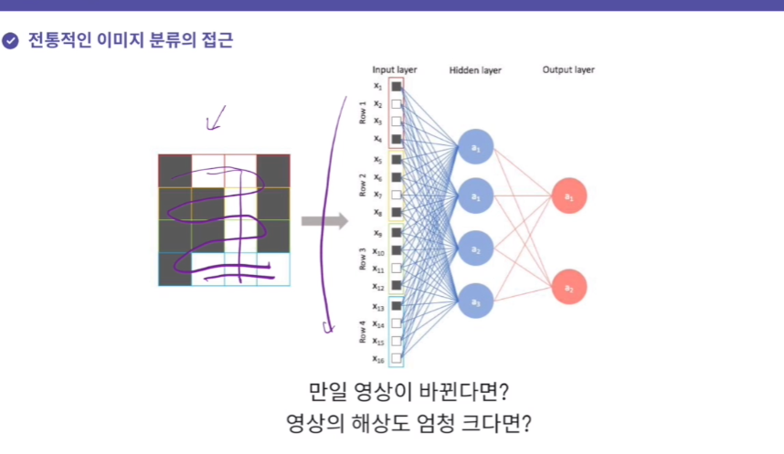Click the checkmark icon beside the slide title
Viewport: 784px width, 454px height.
click(x=10, y=41)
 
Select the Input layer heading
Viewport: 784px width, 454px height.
click(x=395, y=69)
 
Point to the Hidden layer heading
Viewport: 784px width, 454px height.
click(x=475, y=70)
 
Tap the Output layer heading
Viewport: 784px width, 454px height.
click(x=568, y=69)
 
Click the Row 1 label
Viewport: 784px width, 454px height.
click(x=363, y=113)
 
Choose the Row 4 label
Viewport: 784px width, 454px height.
click(x=363, y=332)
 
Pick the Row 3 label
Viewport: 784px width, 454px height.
click(x=363, y=259)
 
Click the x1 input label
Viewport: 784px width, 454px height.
click(x=377, y=87)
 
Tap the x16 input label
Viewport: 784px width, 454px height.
click(x=377, y=359)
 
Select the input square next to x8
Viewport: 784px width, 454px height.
click(x=397, y=213)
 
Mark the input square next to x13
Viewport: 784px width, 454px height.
click(x=397, y=306)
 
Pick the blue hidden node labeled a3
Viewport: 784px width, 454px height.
click(x=475, y=301)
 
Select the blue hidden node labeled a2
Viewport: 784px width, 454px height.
click(x=475, y=248)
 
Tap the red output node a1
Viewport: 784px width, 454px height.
click(x=568, y=195)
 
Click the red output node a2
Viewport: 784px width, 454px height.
click(x=568, y=287)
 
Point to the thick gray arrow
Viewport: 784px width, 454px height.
click(x=324, y=220)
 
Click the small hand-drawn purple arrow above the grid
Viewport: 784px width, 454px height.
click(x=217, y=117)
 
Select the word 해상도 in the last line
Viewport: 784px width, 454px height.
click(x=370, y=426)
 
